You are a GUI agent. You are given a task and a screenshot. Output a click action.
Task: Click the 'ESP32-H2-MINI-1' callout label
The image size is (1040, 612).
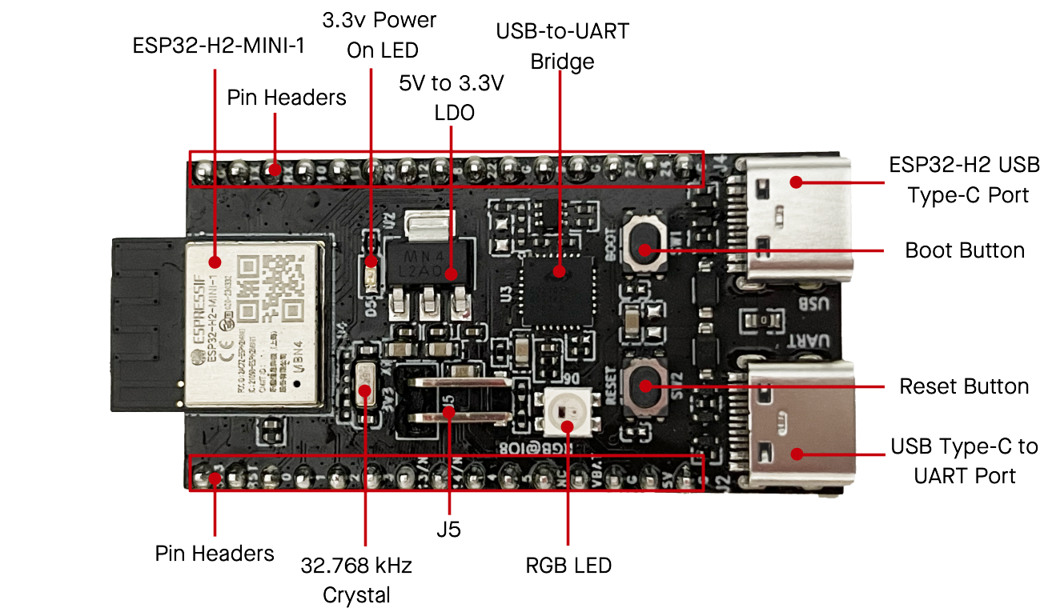[219, 46]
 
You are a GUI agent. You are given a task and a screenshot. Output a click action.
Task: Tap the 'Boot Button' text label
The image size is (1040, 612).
[964, 250]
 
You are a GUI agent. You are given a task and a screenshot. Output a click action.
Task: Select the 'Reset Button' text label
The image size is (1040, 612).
[964, 387]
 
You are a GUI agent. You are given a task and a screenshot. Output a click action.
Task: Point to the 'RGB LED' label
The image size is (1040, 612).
[568, 566]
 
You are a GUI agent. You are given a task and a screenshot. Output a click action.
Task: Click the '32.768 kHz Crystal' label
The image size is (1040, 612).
[356, 580]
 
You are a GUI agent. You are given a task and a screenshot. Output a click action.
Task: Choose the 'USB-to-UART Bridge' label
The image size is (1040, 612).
[563, 46]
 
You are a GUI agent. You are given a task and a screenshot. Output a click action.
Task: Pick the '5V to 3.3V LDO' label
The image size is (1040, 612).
[452, 98]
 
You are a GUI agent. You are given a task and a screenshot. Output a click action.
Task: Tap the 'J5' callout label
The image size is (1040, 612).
[448, 529]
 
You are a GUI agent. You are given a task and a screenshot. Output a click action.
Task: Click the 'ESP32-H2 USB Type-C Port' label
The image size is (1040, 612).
[964, 179]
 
